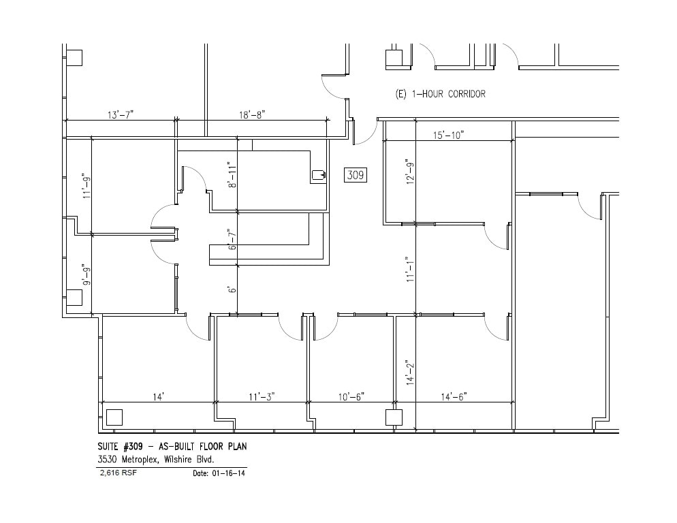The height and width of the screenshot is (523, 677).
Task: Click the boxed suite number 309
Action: coord(356,175)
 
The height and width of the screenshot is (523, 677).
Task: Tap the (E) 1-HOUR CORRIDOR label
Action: coord(441,94)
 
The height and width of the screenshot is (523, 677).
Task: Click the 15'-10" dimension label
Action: coord(447,135)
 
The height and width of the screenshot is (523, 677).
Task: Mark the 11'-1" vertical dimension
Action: coord(409,270)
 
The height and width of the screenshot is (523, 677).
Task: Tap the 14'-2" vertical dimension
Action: coord(409,373)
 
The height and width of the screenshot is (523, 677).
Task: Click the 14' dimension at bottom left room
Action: coord(158,396)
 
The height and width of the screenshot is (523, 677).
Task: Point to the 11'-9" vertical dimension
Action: coord(84,186)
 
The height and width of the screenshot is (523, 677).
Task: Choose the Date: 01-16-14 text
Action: coord(219,473)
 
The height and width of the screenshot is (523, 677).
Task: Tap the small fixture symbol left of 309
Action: coord(318,175)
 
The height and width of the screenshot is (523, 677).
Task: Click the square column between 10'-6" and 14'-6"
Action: coord(393,417)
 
